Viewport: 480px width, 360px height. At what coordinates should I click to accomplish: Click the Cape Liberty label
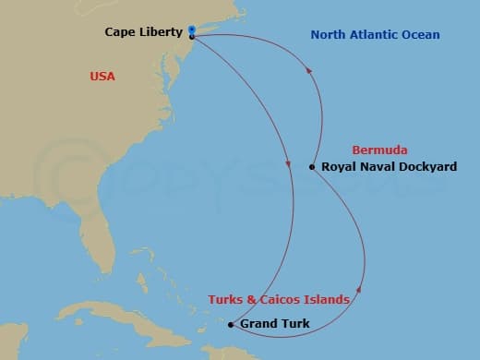143,32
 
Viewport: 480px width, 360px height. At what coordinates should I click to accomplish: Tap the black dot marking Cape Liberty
191,37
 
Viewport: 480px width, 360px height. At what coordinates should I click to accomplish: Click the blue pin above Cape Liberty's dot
190,29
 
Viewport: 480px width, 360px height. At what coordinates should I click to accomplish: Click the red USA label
102,77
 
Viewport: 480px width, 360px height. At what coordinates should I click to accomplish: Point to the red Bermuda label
379,150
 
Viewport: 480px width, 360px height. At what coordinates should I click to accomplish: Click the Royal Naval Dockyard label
389,167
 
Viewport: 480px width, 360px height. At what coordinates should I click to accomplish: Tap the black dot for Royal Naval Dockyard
312,167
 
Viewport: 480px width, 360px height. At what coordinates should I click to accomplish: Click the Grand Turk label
274,324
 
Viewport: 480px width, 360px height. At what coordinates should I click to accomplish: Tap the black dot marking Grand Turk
231,324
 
